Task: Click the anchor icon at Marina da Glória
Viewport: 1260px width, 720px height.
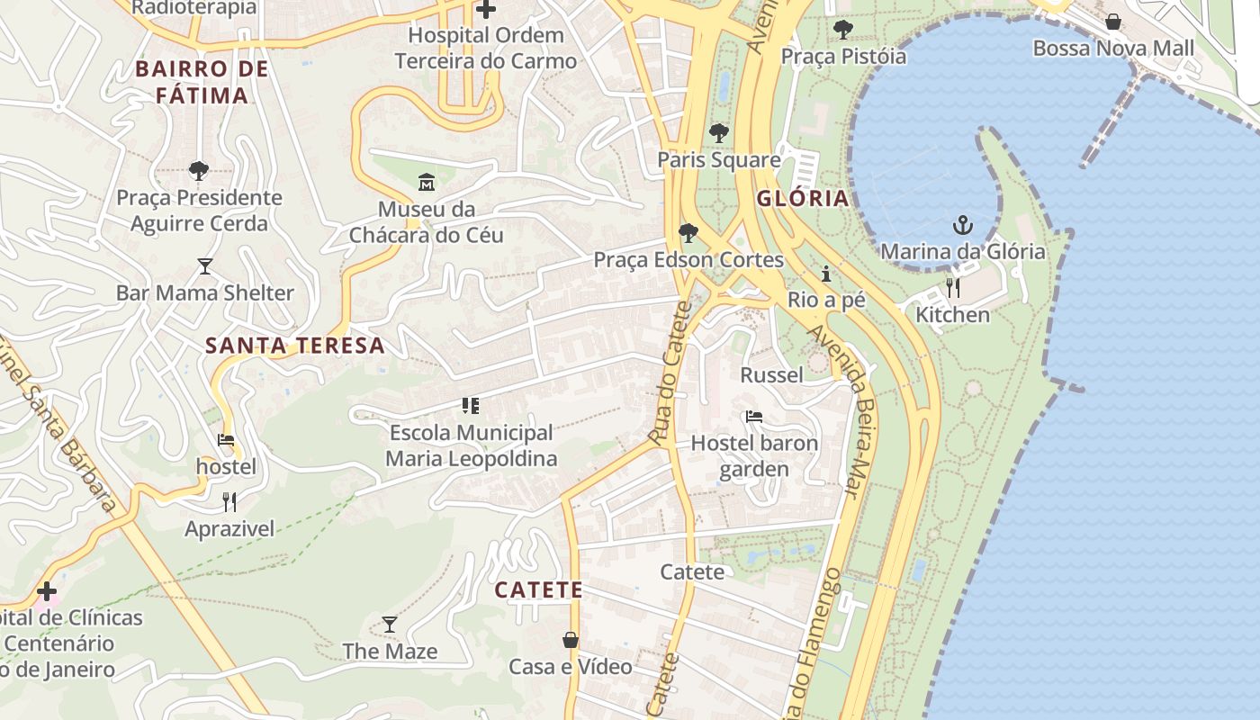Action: pyautogui.click(x=963, y=224)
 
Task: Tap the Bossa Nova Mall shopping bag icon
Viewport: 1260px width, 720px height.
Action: pyautogui.click(x=1113, y=21)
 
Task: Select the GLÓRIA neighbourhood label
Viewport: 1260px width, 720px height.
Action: pyautogui.click(x=803, y=199)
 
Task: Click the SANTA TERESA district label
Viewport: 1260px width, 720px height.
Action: pyautogui.click(x=295, y=346)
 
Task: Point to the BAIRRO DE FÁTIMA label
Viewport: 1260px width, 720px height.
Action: pyautogui.click(x=202, y=82)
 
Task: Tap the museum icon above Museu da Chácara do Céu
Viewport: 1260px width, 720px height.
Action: pyautogui.click(x=426, y=182)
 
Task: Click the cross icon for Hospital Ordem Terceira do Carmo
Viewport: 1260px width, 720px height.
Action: pyautogui.click(x=486, y=10)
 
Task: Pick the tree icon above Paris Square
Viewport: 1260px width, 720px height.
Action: pyautogui.click(x=718, y=133)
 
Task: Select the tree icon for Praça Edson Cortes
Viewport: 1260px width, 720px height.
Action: pyautogui.click(x=688, y=233)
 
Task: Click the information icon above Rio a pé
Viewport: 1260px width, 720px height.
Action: pyautogui.click(x=826, y=274)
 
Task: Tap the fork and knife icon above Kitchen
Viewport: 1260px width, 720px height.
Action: pyautogui.click(x=952, y=288)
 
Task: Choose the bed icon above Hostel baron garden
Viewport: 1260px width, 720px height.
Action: pyautogui.click(x=754, y=416)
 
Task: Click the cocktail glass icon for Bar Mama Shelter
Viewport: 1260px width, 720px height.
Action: pyautogui.click(x=205, y=266)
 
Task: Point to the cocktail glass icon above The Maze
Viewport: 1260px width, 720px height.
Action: pyautogui.click(x=390, y=624)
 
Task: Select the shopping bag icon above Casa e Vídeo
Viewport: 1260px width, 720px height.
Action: pyautogui.click(x=571, y=640)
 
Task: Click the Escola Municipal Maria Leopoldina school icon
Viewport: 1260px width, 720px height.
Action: pyautogui.click(x=471, y=406)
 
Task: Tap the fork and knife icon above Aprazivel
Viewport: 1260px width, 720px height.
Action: pyautogui.click(x=229, y=502)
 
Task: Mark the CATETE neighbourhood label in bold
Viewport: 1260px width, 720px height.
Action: pyautogui.click(x=539, y=590)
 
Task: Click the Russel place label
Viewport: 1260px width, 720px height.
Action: pyautogui.click(x=771, y=374)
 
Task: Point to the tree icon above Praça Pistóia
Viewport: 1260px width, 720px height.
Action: pyautogui.click(x=843, y=30)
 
